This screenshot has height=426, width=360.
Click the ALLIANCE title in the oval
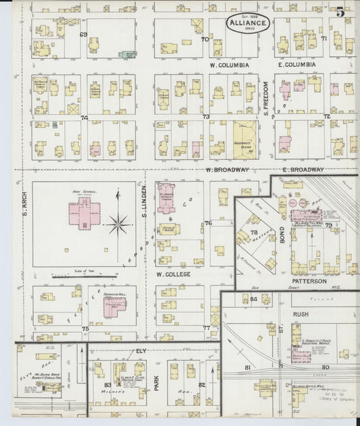tap(248, 22)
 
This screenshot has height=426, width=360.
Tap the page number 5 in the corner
tap(341, 11)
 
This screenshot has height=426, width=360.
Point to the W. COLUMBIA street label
tap(230, 65)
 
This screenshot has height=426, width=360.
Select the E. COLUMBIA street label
tap(297, 65)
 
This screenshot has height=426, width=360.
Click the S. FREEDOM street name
tap(266, 99)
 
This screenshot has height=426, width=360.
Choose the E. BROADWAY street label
tap(303, 169)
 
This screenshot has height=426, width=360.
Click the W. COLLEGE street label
tap(174, 275)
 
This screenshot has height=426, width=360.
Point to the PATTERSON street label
tap(309, 281)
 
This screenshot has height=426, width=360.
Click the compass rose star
tap(119, 222)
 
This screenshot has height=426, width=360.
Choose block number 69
tap(84, 34)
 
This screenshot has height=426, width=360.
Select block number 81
tap(248, 367)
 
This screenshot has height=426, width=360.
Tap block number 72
tap(326, 116)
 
